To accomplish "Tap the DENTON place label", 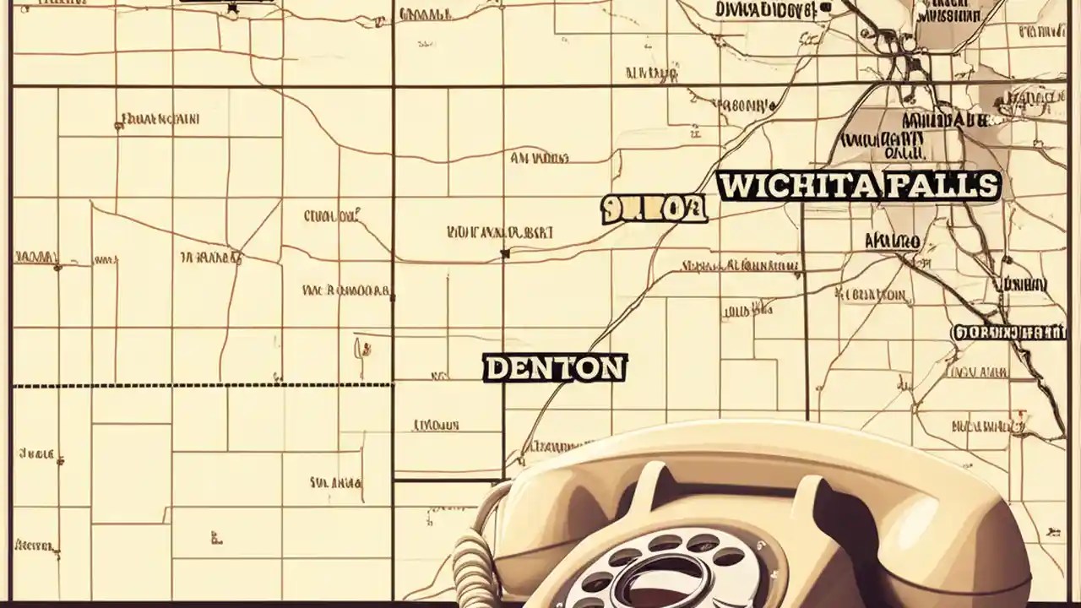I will [x=555, y=368].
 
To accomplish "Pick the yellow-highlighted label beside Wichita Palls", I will [x=654, y=209].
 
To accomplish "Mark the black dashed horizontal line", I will [x=203, y=386].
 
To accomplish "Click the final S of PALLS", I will [x=987, y=185].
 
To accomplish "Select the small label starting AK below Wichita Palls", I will [x=892, y=242].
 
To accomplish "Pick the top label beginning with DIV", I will [x=764, y=10].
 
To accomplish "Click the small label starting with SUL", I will [x=335, y=483].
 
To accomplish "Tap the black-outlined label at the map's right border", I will [x=1009, y=333].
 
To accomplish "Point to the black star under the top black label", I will [x=233, y=8].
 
